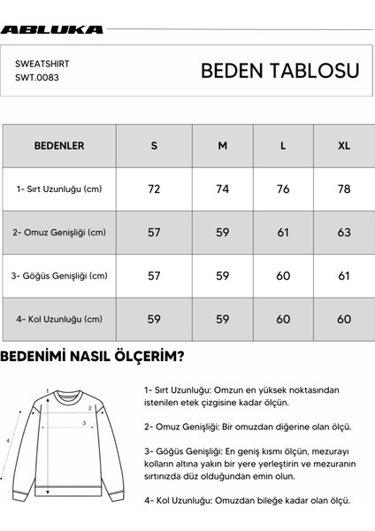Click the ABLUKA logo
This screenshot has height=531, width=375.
pyautogui.click(x=52, y=29)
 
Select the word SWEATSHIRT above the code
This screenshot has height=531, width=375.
pyautogui.click(x=42, y=65)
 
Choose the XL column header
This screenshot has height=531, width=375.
pyautogui.click(x=344, y=145)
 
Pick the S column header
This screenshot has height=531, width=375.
pyautogui.click(x=154, y=145)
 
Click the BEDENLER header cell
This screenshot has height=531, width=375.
pyautogui.click(x=59, y=145)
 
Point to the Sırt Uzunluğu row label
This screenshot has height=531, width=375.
pyautogui.click(x=59, y=189)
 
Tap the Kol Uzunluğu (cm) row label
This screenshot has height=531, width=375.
pyautogui.click(x=59, y=319)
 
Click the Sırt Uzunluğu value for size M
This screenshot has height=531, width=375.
pyautogui.click(x=223, y=189)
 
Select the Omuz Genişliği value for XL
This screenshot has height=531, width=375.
pyautogui.click(x=344, y=232)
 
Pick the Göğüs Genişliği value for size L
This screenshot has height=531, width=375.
pyautogui.click(x=283, y=275)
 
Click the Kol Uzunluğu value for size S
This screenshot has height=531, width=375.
pyautogui.click(x=154, y=319)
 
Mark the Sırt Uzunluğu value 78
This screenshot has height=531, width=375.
pyautogui.click(x=344, y=189)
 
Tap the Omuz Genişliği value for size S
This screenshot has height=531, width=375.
pyautogui.click(x=154, y=232)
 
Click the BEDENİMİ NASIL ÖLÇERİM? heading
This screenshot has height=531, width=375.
pyautogui.click(x=92, y=358)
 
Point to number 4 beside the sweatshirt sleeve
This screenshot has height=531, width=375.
pyautogui.click(x=8, y=439)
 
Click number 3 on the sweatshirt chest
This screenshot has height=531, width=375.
pyautogui.click(x=83, y=423)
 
